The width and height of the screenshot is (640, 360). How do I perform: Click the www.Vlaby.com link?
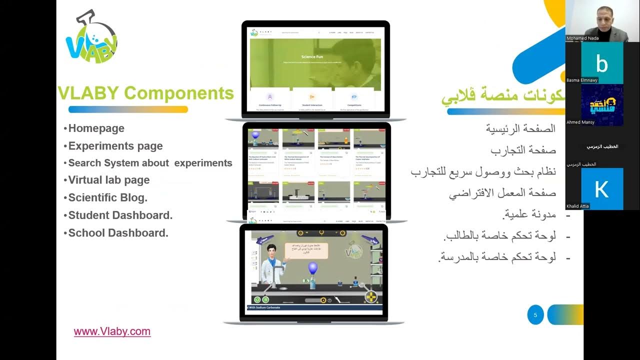(x=112, y=331)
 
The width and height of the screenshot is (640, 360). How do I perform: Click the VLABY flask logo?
(x=91, y=38)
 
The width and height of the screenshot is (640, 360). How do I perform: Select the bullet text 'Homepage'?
(x=96, y=128)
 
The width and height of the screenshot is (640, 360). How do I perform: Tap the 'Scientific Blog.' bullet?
(x=107, y=197)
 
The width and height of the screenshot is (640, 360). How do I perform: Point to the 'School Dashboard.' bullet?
(x=118, y=232)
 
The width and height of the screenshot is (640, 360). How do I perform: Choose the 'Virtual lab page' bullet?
(x=108, y=180)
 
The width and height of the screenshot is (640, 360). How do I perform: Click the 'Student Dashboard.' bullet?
(x=120, y=215)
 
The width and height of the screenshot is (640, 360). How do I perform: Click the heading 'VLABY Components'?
(x=146, y=93)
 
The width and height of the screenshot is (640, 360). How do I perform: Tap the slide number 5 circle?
(x=535, y=315)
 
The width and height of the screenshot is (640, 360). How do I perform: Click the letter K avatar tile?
(x=602, y=189)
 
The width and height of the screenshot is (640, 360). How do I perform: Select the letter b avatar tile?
(x=602, y=63)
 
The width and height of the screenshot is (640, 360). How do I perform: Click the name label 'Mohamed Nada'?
(x=582, y=38)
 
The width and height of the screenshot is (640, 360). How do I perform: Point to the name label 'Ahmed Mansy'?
(x=580, y=122)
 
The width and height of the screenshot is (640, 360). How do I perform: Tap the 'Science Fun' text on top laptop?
(x=312, y=57)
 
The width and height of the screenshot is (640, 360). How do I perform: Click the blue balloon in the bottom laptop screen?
(x=313, y=268)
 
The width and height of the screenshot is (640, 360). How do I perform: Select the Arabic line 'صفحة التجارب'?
(x=522, y=150)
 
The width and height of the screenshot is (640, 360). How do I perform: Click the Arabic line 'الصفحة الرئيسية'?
(x=520, y=128)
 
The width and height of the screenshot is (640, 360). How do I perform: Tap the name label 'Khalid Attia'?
(x=578, y=206)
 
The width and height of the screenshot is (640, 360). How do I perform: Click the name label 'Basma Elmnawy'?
(x=582, y=80)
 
